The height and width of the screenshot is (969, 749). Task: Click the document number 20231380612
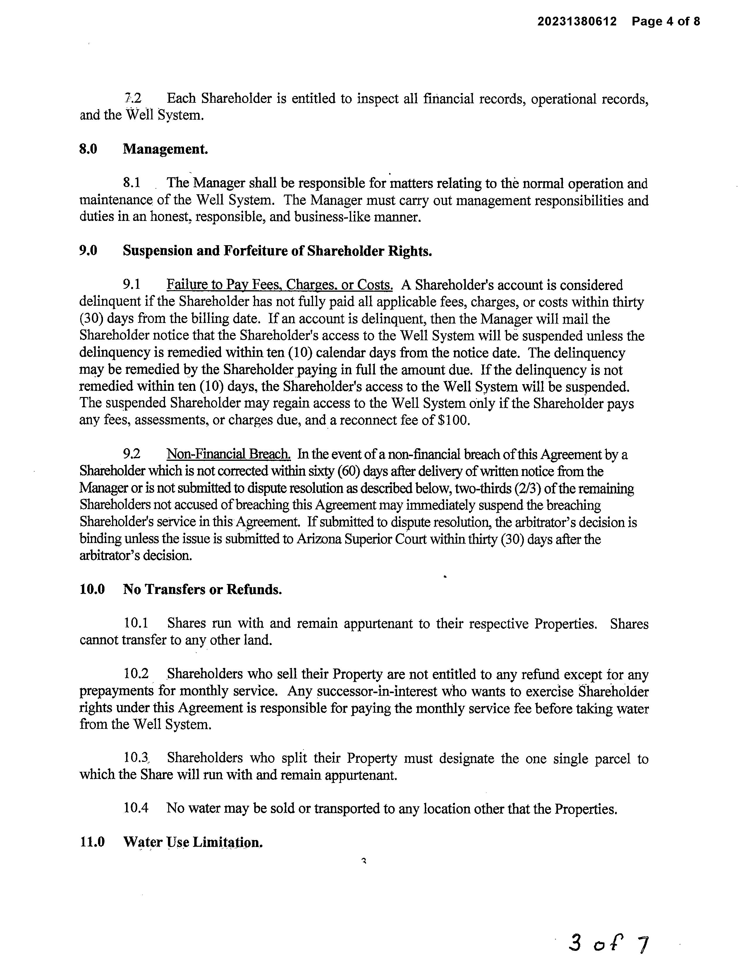pos(577,21)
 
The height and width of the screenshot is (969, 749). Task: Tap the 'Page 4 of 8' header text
pos(666,21)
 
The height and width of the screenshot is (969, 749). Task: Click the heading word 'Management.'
pos(165,149)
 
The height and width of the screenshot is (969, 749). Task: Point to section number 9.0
pos(88,251)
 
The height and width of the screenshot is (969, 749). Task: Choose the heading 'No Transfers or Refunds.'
pos(202,589)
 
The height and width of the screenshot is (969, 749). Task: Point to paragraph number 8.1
pos(132,183)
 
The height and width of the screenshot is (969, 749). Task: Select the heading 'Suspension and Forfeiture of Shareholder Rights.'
pos(277,251)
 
